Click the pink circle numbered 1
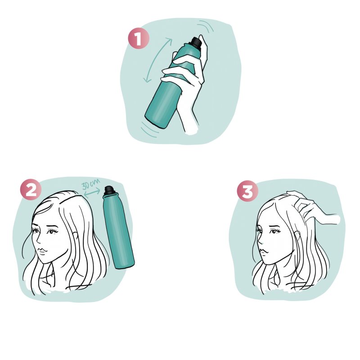pyautogui.click(x=139, y=38)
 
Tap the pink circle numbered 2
pyautogui.click(x=31, y=189)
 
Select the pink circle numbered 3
pyautogui.click(x=247, y=191)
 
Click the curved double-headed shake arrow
pyautogui.click(x=157, y=60)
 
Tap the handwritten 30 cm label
pyautogui.click(x=91, y=184)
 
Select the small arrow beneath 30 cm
pyautogui.click(x=92, y=193)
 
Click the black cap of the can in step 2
pyautogui.click(x=110, y=190)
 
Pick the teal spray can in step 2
pyautogui.click(x=118, y=227)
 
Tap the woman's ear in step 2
pyautogui.click(x=75, y=237)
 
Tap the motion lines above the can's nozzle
pyautogui.click(x=206, y=26)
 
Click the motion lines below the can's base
pyautogui.click(x=150, y=130)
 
